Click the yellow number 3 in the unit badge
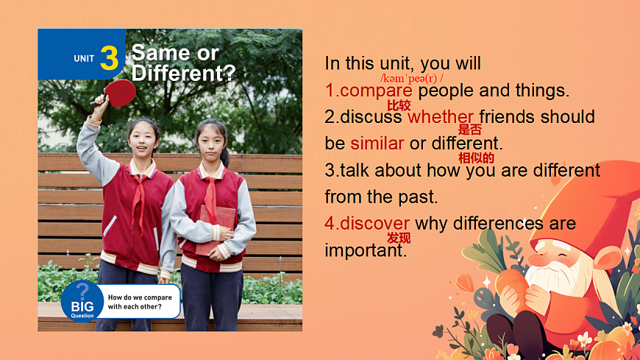point(109,57)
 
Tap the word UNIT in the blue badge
point(84,58)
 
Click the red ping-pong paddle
point(115,93)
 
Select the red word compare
point(376,91)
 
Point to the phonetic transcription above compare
point(411,78)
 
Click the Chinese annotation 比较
point(399,105)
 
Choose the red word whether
point(441,117)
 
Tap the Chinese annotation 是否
point(470,130)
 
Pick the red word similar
point(377,144)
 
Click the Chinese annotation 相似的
point(476,158)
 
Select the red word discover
point(374,224)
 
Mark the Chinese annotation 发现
point(399,238)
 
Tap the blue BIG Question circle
point(82,302)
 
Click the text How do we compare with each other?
point(140,302)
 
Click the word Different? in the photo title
point(183,73)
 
